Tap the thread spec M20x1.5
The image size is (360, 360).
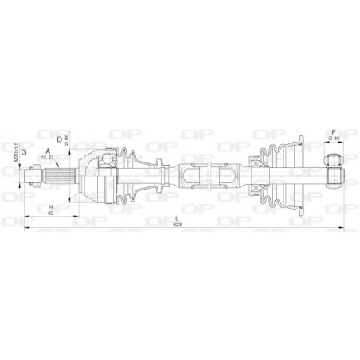(x=15, y=151)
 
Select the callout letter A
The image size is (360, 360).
(x=49, y=151)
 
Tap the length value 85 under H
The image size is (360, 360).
(x=49, y=213)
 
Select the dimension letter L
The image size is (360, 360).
(x=176, y=219)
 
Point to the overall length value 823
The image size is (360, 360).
(x=176, y=226)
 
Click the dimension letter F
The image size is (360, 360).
(x=334, y=132)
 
